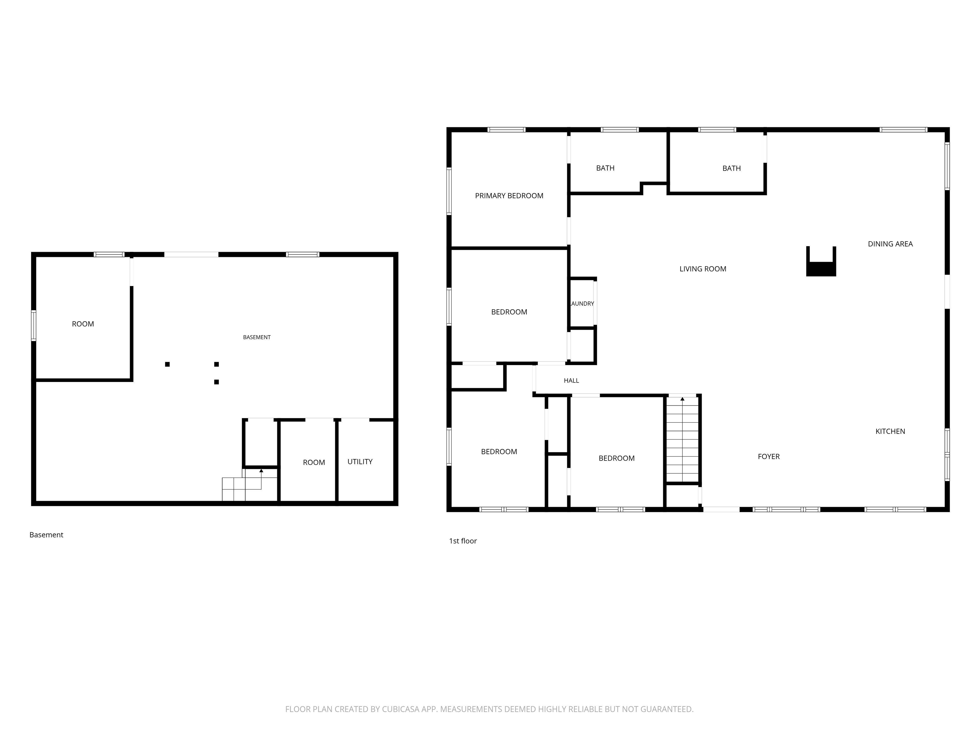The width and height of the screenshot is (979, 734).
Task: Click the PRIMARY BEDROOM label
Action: pos(509,196)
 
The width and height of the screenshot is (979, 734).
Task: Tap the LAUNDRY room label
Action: pos(582,304)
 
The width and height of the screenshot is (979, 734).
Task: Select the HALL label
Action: pos(571,380)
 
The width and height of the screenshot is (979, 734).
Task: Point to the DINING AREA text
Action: pos(890,244)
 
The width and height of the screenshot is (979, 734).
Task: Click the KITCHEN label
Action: pos(890,431)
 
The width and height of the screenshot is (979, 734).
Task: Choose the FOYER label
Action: pos(769,457)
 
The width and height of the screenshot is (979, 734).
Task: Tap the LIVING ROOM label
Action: pos(703,269)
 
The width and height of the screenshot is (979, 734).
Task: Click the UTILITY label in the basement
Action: pos(360,462)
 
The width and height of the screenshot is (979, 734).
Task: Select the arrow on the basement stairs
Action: pos(261,471)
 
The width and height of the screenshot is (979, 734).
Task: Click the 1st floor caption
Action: pos(463,541)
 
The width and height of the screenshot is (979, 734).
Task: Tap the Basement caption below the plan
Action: pos(47,535)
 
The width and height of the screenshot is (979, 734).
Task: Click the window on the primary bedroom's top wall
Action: pos(507,130)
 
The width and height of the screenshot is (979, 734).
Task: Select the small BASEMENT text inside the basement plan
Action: pos(257,337)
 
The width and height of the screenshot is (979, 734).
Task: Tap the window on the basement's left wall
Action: pos(34,326)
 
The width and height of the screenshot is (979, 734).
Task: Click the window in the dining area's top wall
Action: pos(903,130)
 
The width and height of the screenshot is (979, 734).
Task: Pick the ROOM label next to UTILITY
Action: pos(314,462)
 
